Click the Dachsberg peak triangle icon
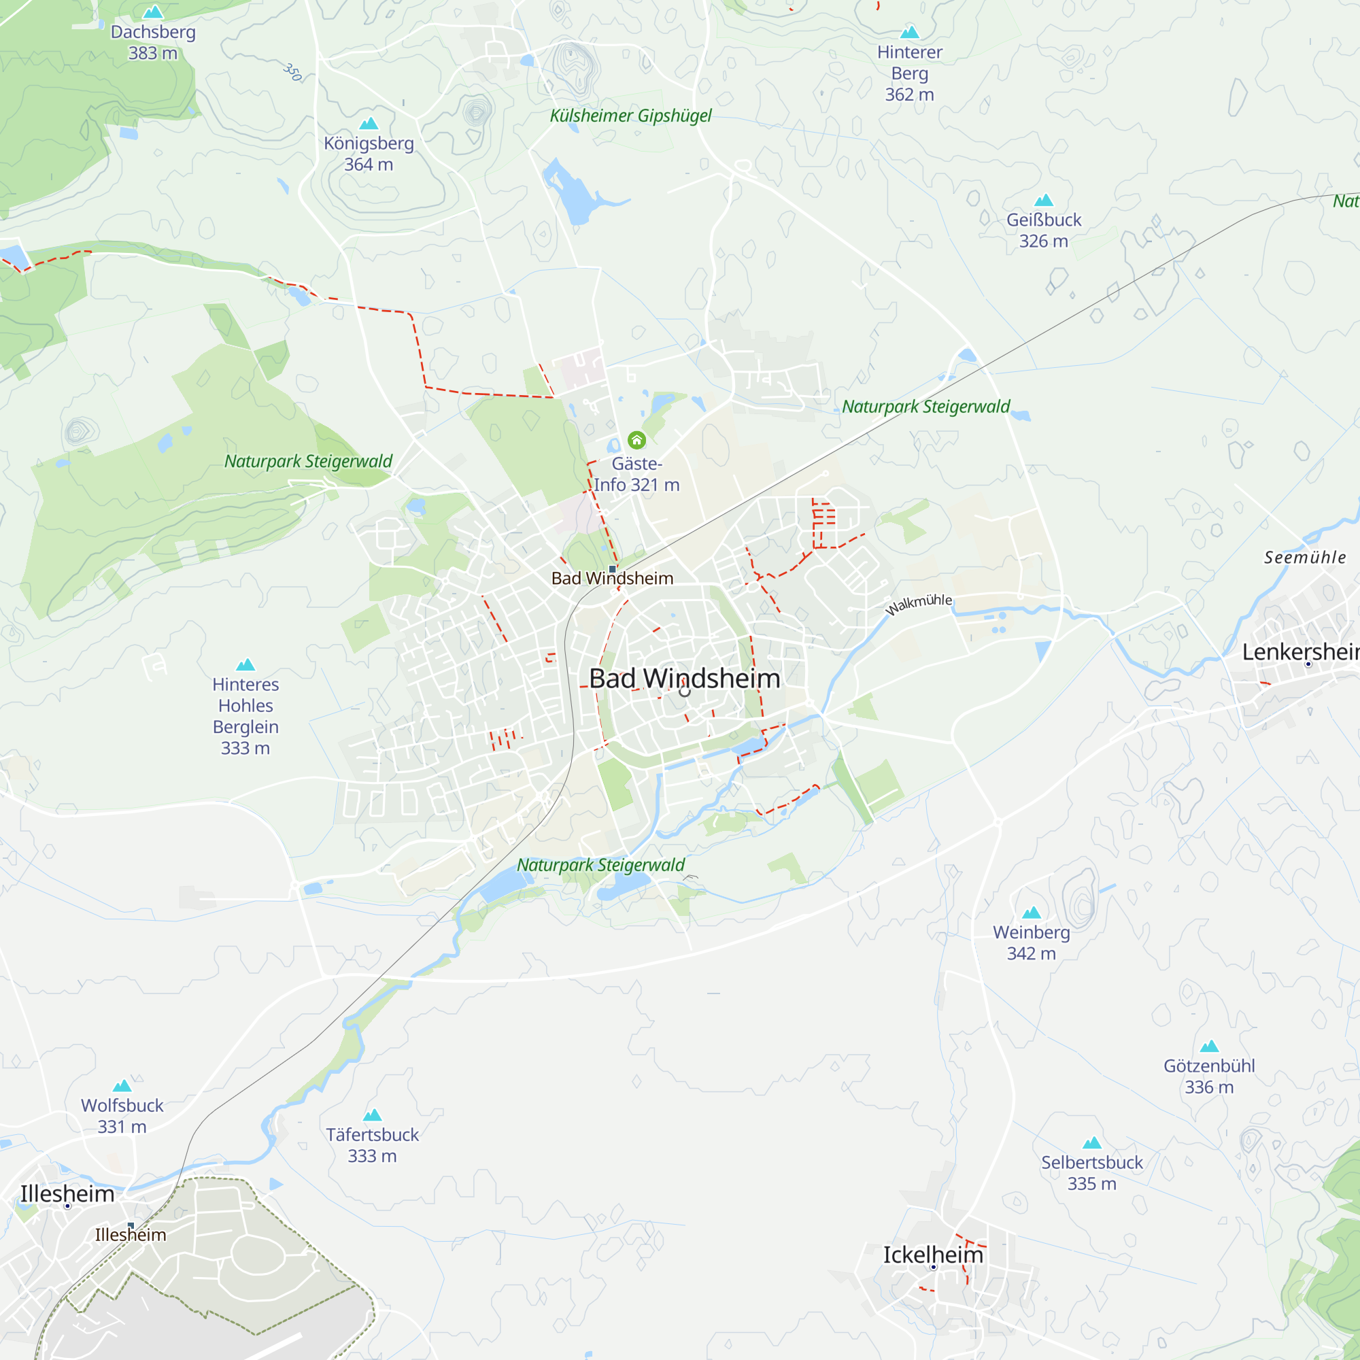pyautogui.click(x=153, y=12)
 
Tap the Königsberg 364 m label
pyautogui.click(x=368, y=154)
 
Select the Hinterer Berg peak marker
pyautogui.click(x=909, y=32)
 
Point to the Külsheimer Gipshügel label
pyautogui.click(x=630, y=116)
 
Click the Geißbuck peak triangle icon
pyautogui.click(x=1043, y=201)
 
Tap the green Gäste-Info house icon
pyautogui.click(x=636, y=440)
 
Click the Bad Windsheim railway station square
pyautogui.click(x=613, y=568)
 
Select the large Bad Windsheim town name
pyautogui.click(x=684, y=679)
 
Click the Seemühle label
pyautogui.click(x=1304, y=558)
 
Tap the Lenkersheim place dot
pyautogui.click(x=1308, y=664)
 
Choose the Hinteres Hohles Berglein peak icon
pyautogui.click(x=245, y=664)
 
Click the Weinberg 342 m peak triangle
pyautogui.click(x=1032, y=913)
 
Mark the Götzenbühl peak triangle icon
pyautogui.click(x=1208, y=1046)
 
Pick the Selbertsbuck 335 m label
pyautogui.click(x=1091, y=1173)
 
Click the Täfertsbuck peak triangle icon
pyautogui.click(x=372, y=1115)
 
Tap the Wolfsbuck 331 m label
pyautogui.click(x=122, y=1116)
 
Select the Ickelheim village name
pyautogui.click(x=933, y=1255)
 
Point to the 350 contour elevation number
pyautogui.click(x=293, y=72)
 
